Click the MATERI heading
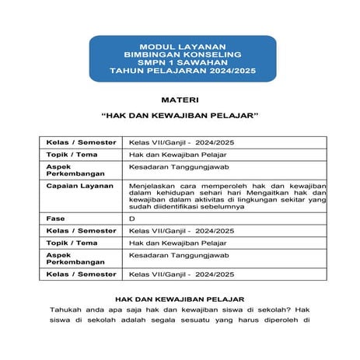tap(180, 101)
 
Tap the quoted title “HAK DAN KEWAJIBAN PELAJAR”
tap(180, 119)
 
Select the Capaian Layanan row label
tap(78, 187)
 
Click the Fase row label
tap(55, 219)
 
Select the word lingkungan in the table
tap(244, 199)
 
